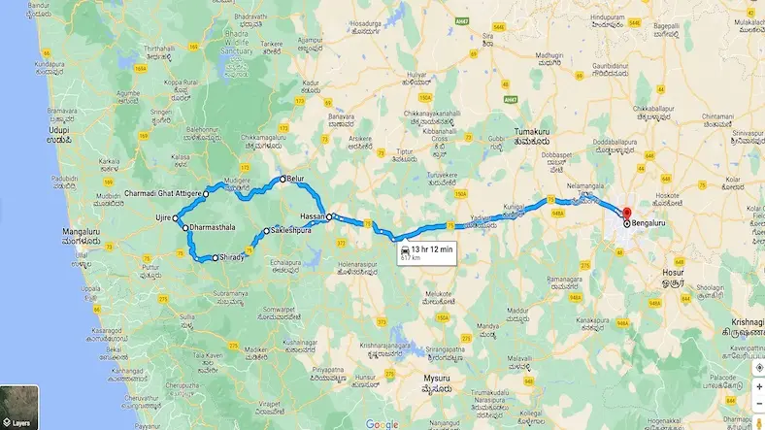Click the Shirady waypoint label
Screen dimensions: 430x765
[231, 258]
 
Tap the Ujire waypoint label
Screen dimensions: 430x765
[161, 218]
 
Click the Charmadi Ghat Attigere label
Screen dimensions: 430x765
[163, 193]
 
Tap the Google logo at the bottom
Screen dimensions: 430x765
[382, 423]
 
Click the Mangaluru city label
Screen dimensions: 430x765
[64, 233]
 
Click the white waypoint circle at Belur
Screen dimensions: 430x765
[283, 180]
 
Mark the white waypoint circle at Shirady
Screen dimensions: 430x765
[215, 258]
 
